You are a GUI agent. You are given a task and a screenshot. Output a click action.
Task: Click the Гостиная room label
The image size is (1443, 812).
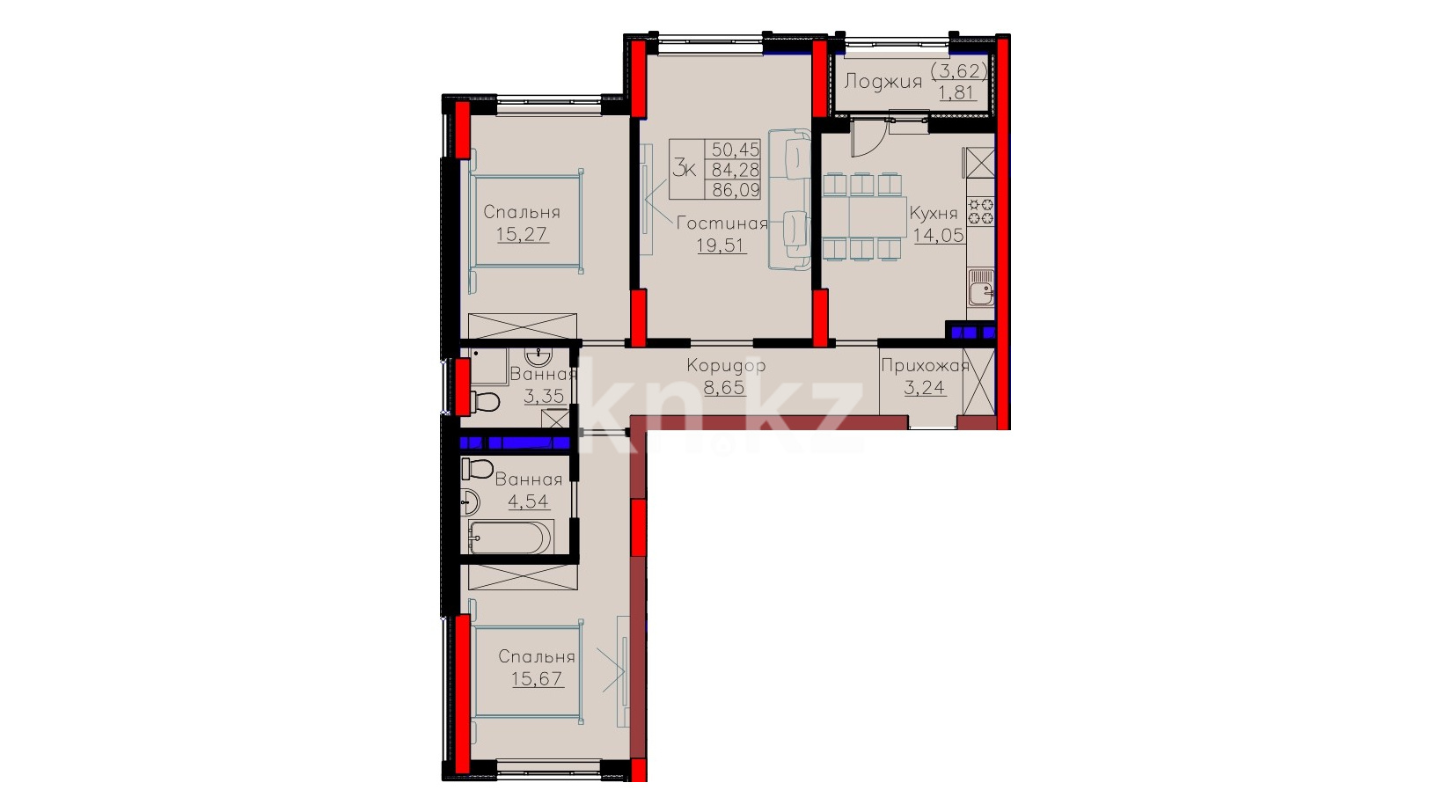722,223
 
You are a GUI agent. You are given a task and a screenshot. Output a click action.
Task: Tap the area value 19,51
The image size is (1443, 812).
721,245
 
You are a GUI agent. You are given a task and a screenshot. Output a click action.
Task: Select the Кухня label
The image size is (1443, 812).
934,213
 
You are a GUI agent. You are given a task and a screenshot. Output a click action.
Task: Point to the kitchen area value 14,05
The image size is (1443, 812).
939,235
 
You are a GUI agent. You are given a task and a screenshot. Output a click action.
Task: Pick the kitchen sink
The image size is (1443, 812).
981,287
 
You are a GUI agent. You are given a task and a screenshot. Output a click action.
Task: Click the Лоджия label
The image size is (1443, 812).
883,82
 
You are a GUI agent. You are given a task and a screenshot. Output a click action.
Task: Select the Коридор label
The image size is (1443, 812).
726,366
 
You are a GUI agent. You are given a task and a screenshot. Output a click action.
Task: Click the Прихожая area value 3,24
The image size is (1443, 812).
925,388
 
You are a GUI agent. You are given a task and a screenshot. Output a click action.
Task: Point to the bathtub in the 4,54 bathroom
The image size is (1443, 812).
510,537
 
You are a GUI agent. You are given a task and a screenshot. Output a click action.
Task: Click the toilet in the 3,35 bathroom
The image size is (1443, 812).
485,402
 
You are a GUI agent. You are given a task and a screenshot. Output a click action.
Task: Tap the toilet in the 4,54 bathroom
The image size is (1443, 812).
478,469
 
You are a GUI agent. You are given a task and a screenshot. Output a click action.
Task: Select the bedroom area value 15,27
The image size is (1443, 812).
523,234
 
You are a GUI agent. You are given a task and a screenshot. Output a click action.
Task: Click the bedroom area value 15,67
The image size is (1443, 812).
538,678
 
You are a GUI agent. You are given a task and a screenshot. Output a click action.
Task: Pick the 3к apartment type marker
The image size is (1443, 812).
685,169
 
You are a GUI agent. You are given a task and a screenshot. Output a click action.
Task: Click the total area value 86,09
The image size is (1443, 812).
736,190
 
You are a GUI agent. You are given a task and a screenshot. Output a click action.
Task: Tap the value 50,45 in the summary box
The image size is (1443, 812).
736,150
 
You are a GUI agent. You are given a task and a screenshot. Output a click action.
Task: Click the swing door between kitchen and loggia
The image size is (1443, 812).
867,138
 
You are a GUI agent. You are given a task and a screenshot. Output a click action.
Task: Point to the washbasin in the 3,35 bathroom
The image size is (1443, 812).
538,355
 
